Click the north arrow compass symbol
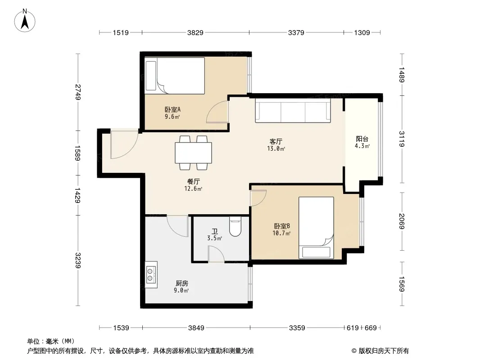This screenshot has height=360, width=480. [25, 21]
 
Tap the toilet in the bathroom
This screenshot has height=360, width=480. [235, 226]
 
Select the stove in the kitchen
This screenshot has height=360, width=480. [152, 274]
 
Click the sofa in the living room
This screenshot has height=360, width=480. [293, 110]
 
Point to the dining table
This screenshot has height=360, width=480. [194, 153]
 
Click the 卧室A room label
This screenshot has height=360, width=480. [172, 109]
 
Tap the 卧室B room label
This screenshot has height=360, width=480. [281, 226]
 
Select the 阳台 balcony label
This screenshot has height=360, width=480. [362, 139]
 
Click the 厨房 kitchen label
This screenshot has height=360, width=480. [182, 283]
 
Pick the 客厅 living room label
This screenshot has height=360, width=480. [276, 142]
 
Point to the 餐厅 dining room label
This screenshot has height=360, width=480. [194, 182]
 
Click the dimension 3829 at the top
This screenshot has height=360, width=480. [195, 32]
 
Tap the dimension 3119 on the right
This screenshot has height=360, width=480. [402, 139]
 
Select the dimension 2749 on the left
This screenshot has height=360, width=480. [78, 92]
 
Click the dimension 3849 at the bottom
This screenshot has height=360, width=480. [196, 328]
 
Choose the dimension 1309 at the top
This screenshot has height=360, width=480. [362, 32]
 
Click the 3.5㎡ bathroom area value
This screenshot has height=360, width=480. [215, 238]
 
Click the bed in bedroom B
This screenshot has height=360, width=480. [316, 228]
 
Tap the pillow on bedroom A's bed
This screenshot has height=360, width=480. [151, 76]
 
